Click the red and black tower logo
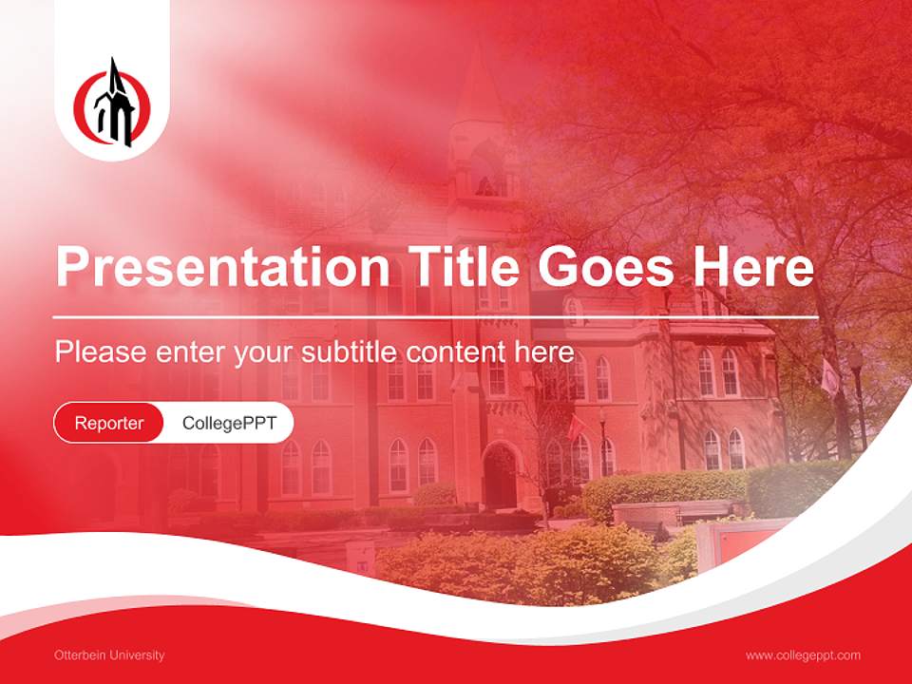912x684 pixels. point(112,103)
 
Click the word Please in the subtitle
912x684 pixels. point(101,352)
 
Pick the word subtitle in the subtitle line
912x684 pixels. point(351,352)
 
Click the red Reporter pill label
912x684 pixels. point(109,423)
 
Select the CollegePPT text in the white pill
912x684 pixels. point(229,423)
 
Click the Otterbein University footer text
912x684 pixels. point(109,655)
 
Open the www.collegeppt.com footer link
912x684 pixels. point(803,655)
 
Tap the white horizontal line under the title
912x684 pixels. point(435,316)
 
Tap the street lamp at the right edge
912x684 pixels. point(857,399)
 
